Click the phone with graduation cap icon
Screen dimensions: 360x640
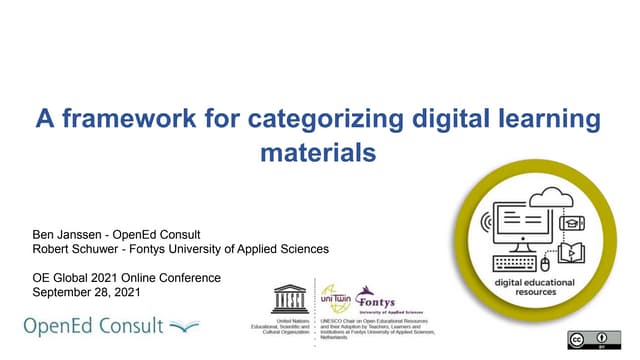point(573,223)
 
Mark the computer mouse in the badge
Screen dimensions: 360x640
point(546,266)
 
